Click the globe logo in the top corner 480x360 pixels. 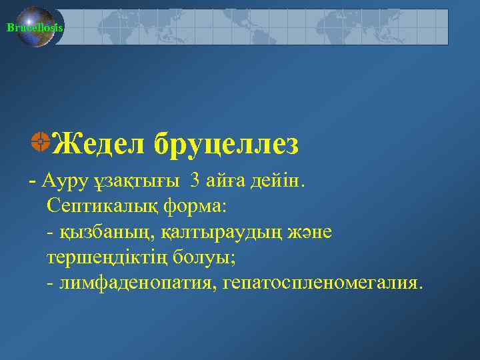[x=35, y=27]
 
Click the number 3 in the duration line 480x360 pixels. [x=194, y=180]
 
